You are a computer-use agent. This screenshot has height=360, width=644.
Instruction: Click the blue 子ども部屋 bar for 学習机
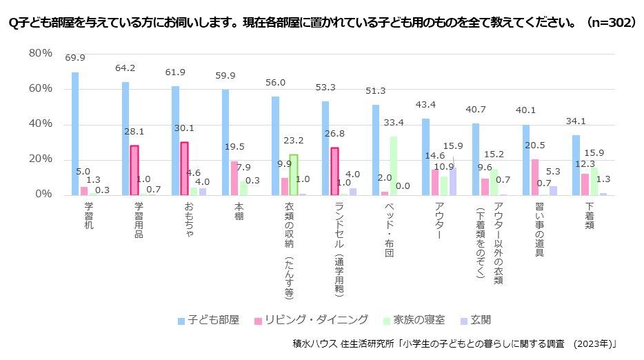74,133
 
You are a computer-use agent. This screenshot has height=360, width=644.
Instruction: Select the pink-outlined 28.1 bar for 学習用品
134,170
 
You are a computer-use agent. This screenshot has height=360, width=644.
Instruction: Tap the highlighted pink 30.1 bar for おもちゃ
184,168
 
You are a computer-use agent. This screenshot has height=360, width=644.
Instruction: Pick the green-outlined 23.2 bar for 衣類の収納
293,174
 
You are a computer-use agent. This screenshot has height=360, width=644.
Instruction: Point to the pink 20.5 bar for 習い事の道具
535,177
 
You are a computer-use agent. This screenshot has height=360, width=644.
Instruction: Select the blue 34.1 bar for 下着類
576,165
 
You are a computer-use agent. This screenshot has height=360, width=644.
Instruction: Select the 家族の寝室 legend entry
414,320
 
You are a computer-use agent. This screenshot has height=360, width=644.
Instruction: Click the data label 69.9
74,58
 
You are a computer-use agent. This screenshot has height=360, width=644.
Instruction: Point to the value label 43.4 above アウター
425,104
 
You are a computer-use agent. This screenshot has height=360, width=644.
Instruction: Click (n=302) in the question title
610,22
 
